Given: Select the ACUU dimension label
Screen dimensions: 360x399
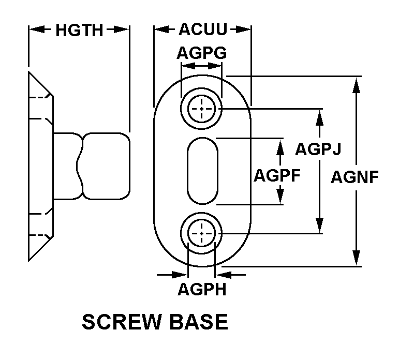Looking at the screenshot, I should click(x=203, y=30).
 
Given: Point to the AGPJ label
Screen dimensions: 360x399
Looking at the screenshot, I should click(x=318, y=149).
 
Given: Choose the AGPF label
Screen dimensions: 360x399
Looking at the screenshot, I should click(x=277, y=175).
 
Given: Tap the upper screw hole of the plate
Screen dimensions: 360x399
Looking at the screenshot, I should click(x=201, y=109).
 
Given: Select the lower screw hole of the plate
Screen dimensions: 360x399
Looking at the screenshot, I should click(x=201, y=233).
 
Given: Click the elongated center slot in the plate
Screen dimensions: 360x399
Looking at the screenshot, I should click(x=201, y=171).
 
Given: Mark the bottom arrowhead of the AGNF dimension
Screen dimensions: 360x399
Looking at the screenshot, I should click(x=356, y=257).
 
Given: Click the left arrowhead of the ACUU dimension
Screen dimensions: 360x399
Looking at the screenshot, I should click(x=161, y=30).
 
